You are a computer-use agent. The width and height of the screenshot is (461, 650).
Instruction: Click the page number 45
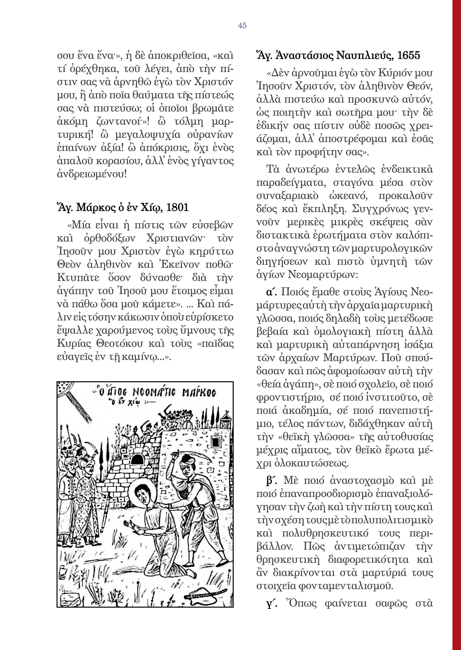coord(242,25)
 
